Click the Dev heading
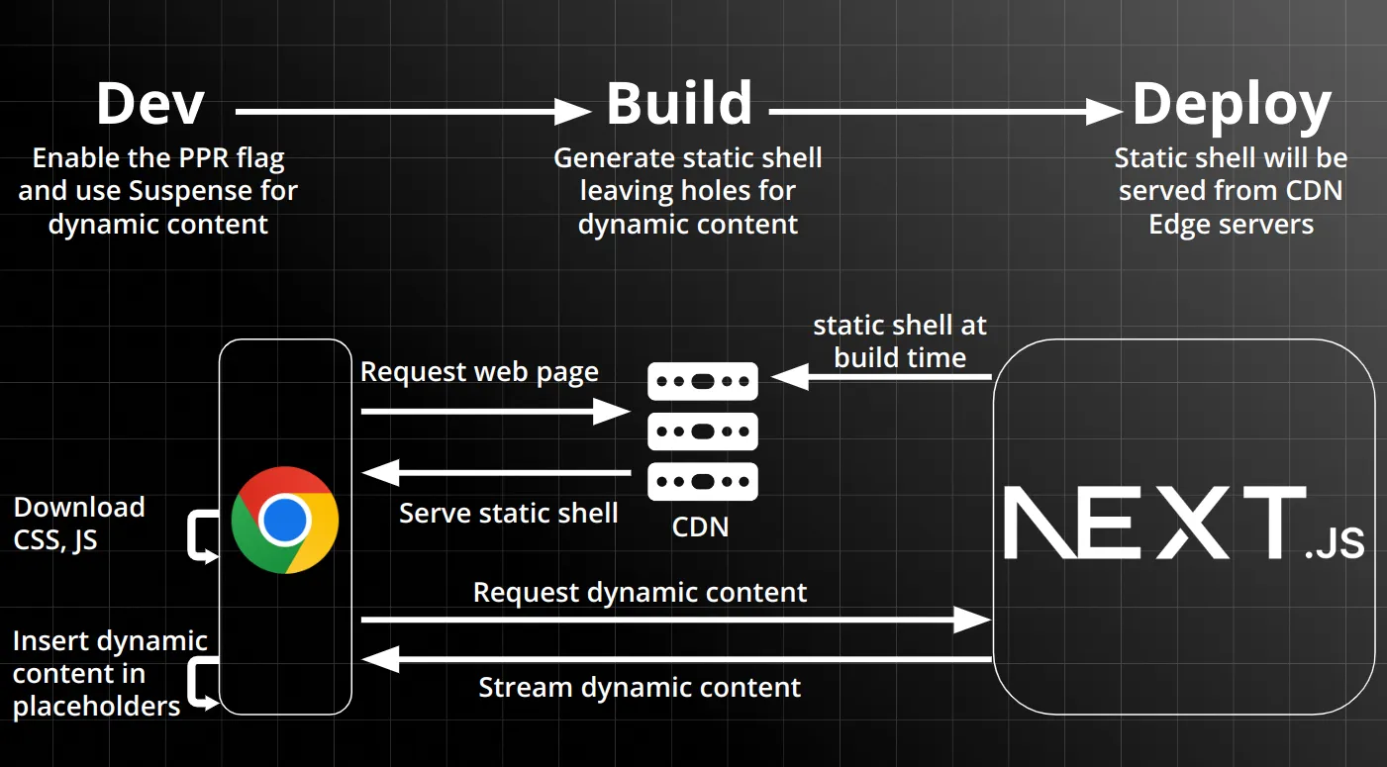[150, 104]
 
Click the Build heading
[679, 104]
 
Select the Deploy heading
[1232, 104]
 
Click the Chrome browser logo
[285, 520]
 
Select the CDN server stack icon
[703, 431]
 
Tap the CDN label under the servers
[700, 527]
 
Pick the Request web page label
[479, 372]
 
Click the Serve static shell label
[508, 513]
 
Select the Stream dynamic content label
[640, 687]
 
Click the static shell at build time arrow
[881, 377]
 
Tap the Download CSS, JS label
[79, 524]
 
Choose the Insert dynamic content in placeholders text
[110, 673]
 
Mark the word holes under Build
[685, 190]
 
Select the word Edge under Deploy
[1182, 225]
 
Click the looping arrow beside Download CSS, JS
[202, 536]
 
